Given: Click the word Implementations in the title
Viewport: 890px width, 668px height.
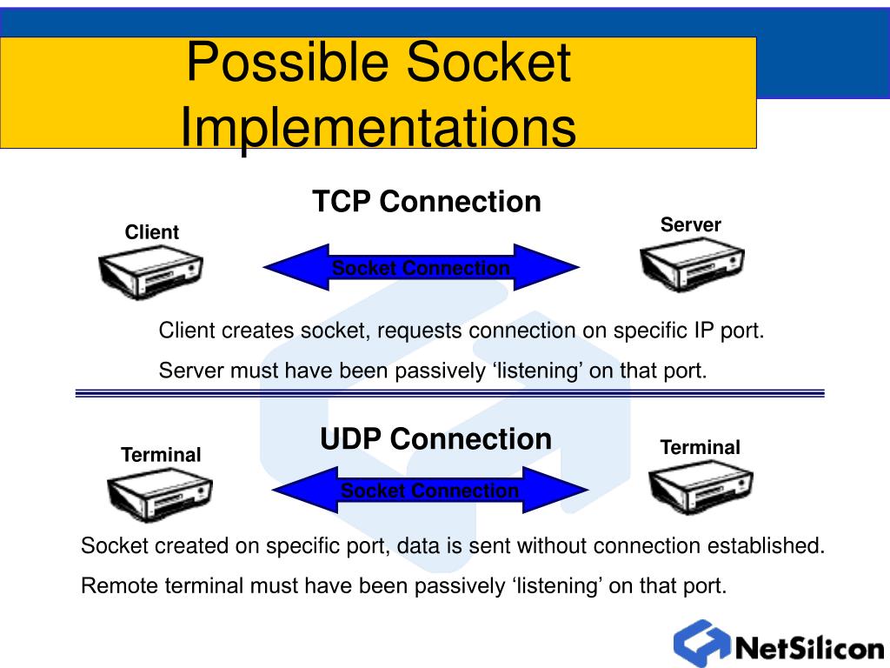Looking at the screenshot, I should point(377,127).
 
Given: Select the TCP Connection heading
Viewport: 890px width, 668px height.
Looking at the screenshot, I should point(427,202).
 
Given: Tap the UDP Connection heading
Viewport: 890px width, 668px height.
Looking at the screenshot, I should point(435,438).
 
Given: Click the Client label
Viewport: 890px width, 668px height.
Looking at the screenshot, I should point(151,232).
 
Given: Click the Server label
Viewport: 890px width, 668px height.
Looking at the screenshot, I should point(690,225).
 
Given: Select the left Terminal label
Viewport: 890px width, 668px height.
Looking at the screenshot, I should point(161,455).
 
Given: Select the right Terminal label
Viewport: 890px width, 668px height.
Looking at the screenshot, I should point(700,448).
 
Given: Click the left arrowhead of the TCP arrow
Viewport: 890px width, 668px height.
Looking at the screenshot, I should point(291,268).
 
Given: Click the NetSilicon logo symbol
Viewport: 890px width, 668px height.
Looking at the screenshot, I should point(701,644).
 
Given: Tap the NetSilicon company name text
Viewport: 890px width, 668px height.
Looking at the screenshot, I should point(809,649).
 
